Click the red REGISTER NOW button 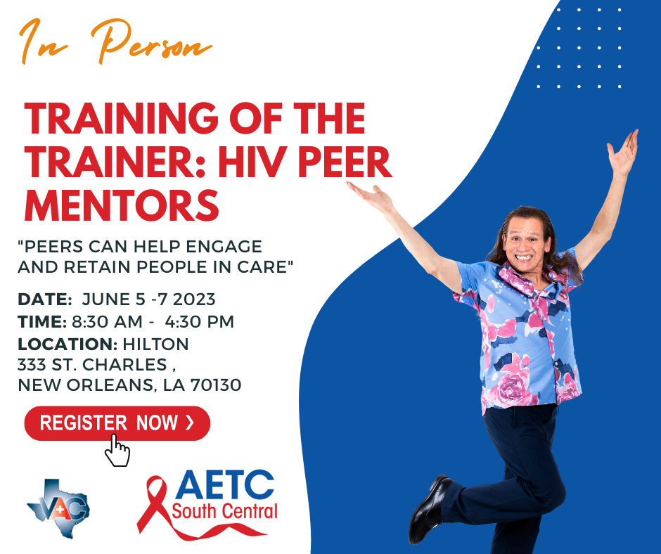pos(117,423)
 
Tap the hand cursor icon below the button pos(117,451)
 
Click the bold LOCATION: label pos(68,344)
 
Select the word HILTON pos(156,344)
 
